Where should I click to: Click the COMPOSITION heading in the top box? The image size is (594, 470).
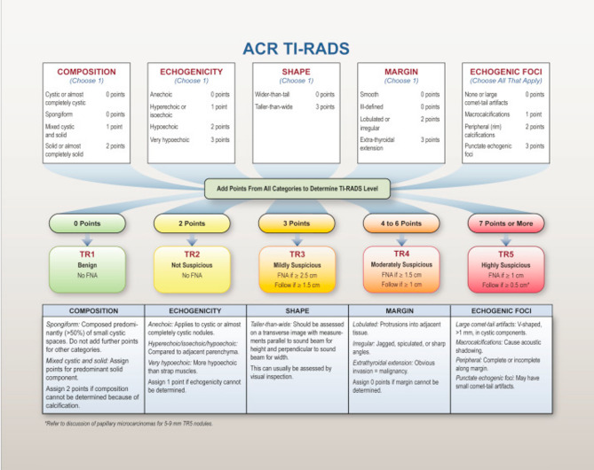coord(86,71)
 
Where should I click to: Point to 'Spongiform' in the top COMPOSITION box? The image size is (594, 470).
coord(60,114)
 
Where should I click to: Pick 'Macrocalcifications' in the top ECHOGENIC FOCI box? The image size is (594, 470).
coord(491,114)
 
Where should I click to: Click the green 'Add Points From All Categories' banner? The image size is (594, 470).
coord(296,188)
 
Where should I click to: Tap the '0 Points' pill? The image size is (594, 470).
coord(86,223)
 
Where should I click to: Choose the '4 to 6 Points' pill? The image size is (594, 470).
coord(401,223)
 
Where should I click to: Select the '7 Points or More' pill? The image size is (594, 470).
coord(506,223)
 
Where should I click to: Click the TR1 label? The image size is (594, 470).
coord(86,254)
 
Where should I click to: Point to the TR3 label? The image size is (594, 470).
coord(297,254)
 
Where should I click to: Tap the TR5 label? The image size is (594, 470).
coord(507,254)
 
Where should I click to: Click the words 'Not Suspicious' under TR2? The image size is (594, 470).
coord(191,264)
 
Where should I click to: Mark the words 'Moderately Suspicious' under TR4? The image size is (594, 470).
coord(402,264)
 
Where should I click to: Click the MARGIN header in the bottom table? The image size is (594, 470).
coord(402,310)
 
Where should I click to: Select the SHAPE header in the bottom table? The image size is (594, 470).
coord(297,310)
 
